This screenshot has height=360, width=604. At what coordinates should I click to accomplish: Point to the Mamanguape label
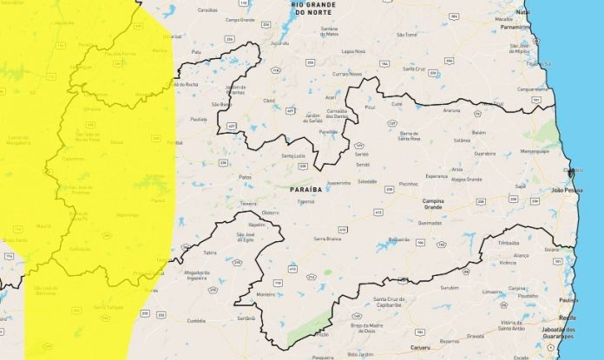coord(535,151)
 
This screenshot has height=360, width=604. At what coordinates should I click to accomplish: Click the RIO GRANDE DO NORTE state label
coord(312,9)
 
